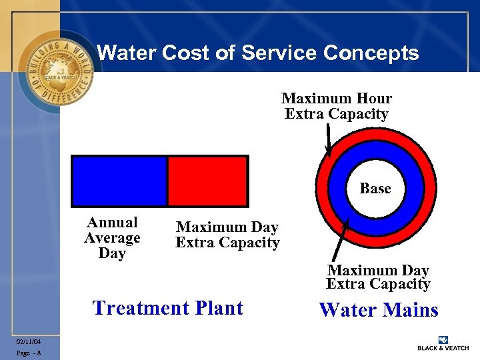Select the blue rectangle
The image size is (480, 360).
point(119,181)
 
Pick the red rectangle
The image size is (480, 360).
point(207,181)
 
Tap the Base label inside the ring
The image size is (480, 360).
point(375,189)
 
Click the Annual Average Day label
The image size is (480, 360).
point(112,238)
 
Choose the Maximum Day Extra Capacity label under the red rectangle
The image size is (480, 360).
point(227,235)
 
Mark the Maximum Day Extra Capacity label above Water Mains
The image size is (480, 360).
point(378,277)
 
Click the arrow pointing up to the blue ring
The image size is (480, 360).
point(341,239)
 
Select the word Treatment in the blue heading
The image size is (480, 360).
point(140,308)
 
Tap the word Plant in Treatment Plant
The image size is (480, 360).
point(219,308)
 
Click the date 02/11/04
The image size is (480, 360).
point(29,341)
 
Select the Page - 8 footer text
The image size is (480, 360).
point(29,353)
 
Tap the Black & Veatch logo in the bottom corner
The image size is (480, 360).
point(443,343)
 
